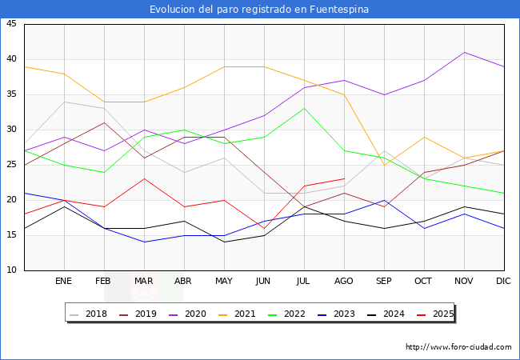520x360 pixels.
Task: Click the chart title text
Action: pyautogui.click(x=259, y=10)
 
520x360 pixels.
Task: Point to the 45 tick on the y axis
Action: pyautogui.click(x=11, y=24)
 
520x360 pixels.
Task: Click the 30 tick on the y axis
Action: pyautogui.click(x=11, y=130)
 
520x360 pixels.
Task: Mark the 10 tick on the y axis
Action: pyautogui.click(x=11, y=270)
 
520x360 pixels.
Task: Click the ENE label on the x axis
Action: pyautogui.click(x=64, y=282)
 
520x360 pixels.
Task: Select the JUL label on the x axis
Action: pyautogui.click(x=304, y=282)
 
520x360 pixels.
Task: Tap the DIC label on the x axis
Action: pyautogui.click(x=503, y=282)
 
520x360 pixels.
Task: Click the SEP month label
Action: pyautogui.click(x=384, y=282)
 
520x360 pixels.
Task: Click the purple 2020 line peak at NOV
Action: pyautogui.click(x=464, y=52)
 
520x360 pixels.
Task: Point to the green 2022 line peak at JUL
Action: pyautogui.click(x=304, y=108)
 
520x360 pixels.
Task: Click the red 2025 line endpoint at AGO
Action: pyautogui.click(x=344, y=178)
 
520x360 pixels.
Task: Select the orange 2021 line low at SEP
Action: pyautogui.click(x=384, y=165)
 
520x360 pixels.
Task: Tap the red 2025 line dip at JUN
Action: pyautogui.click(x=264, y=228)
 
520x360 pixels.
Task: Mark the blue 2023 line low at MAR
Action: pyautogui.click(x=144, y=242)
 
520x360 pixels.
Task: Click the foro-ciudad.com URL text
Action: pyautogui.click(x=458, y=347)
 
